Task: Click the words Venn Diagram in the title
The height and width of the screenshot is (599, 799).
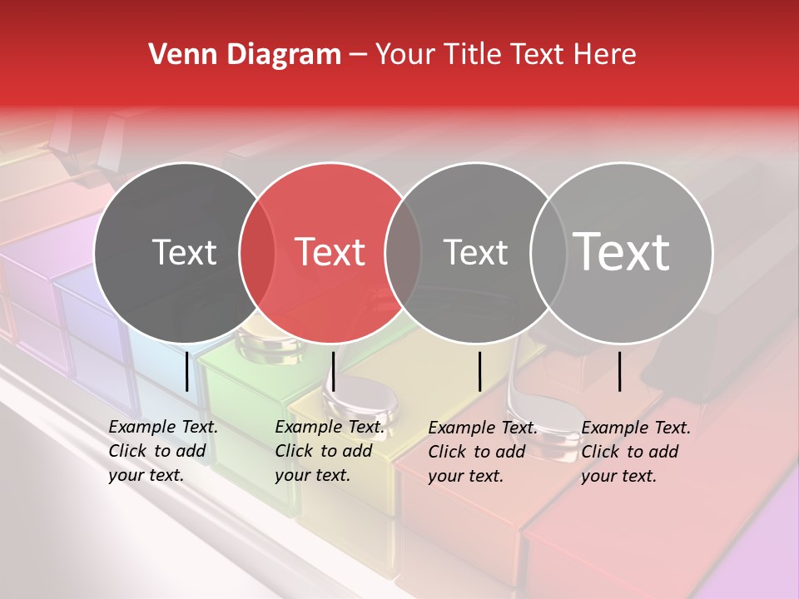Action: pyautogui.click(x=244, y=55)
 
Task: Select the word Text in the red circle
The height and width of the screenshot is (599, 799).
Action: pyautogui.click(x=330, y=251)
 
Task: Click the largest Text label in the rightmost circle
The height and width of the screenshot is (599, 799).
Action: pyautogui.click(x=622, y=251)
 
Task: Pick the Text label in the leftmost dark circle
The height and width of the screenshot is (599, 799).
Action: pyautogui.click(x=184, y=252)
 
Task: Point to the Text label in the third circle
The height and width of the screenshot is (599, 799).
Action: pyautogui.click(x=475, y=252)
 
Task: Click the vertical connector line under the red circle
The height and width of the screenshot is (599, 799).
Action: pyautogui.click(x=333, y=371)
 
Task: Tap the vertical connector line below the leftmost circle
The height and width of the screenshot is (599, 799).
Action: pyautogui.click(x=186, y=371)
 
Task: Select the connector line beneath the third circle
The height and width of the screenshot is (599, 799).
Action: pyautogui.click(x=480, y=371)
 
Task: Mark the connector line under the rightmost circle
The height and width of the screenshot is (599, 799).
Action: pyautogui.click(x=620, y=371)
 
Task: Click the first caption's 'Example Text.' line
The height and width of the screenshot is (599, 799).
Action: pyautogui.click(x=163, y=428)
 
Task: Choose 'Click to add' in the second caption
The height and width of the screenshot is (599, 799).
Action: pyautogui.click(x=323, y=452)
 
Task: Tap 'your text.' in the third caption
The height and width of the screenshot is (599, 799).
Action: pyautogui.click(x=465, y=476)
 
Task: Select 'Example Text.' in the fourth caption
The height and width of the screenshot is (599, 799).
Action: pyautogui.click(x=636, y=428)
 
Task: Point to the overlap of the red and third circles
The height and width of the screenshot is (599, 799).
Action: pyautogui.click(x=403, y=252)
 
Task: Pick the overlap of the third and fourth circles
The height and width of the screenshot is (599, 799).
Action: pyautogui.click(x=548, y=252)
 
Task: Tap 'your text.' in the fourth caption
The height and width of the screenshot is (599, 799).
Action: pyautogui.click(x=618, y=476)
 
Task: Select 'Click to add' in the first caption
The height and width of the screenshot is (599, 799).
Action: pyautogui.click(x=156, y=452)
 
